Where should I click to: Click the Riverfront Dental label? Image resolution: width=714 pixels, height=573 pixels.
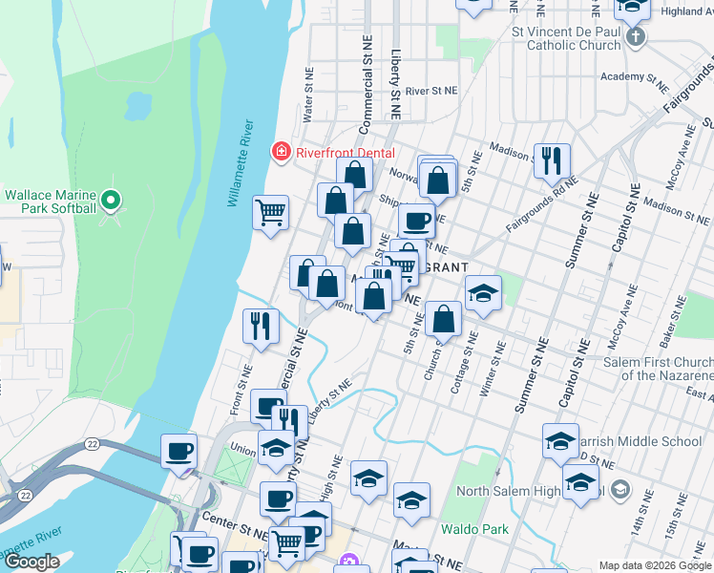click(x=333, y=150)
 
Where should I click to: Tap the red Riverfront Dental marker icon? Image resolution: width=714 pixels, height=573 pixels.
click(x=281, y=150)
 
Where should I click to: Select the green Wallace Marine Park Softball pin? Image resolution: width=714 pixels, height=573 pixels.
click(x=111, y=201)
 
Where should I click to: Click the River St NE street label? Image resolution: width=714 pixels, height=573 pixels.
click(x=431, y=91)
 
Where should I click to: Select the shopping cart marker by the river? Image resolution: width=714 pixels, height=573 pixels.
click(x=271, y=212)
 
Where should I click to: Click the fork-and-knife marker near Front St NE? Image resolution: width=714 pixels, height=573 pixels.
click(x=260, y=327)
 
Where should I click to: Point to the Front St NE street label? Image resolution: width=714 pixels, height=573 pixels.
click(x=241, y=390)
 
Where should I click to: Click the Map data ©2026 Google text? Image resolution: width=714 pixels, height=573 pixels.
click(x=654, y=565)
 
